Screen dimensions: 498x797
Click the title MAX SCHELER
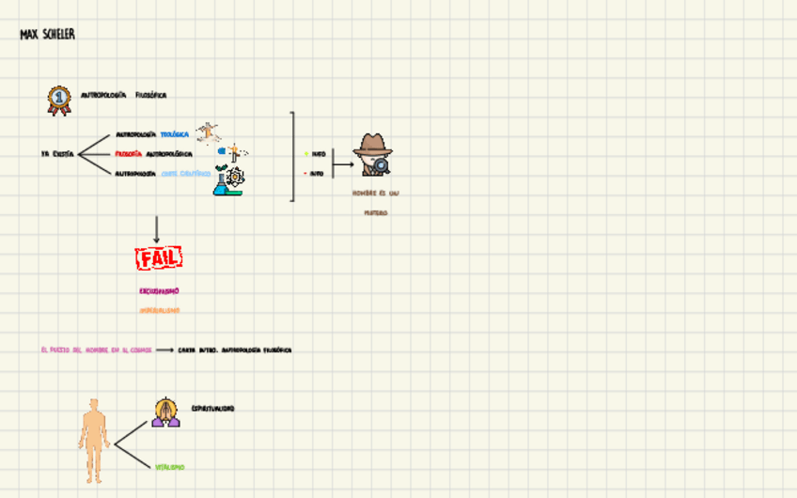click(47, 35)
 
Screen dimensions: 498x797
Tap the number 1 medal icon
click(59, 100)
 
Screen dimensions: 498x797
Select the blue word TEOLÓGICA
click(174, 134)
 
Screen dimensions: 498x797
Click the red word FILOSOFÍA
click(129, 154)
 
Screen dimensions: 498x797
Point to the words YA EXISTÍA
click(57, 154)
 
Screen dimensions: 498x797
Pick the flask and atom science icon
click(227, 179)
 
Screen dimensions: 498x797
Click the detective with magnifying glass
click(373, 154)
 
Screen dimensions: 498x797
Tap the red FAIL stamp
click(158, 257)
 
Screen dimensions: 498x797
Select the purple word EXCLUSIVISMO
click(159, 291)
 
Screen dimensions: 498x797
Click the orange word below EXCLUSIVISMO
click(159, 310)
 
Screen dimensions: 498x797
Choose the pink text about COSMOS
click(96, 350)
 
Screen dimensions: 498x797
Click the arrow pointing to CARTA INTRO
click(164, 350)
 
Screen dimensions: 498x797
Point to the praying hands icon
click(165, 412)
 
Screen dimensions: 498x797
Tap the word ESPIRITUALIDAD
click(212, 409)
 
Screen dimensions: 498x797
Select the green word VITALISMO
click(170, 467)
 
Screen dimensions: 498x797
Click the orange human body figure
click(93, 440)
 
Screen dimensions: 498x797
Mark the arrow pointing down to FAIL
click(156, 229)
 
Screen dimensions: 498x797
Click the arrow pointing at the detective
click(343, 164)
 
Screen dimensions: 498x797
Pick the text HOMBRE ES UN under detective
click(375, 193)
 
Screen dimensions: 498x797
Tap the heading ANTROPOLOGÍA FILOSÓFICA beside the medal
click(123, 95)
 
